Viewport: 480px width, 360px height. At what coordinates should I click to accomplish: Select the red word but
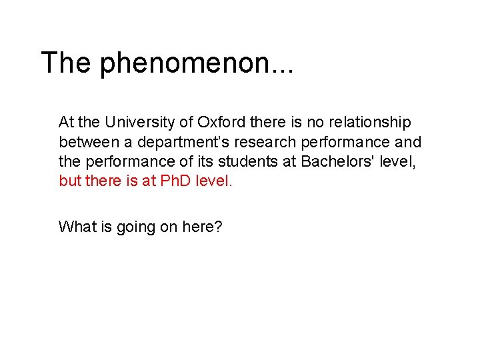tap(70, 180)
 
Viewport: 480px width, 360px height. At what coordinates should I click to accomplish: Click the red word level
tap(213, 180)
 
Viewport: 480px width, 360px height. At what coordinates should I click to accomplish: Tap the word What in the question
tap(77, 227)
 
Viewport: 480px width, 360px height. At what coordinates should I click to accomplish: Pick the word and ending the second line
tap(408, 141)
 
